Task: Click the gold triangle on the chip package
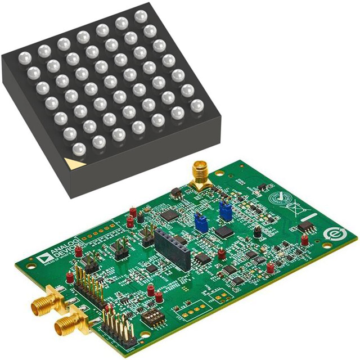[72, 164]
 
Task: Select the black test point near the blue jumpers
[257, 231]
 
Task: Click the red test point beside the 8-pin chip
[304, 238]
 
